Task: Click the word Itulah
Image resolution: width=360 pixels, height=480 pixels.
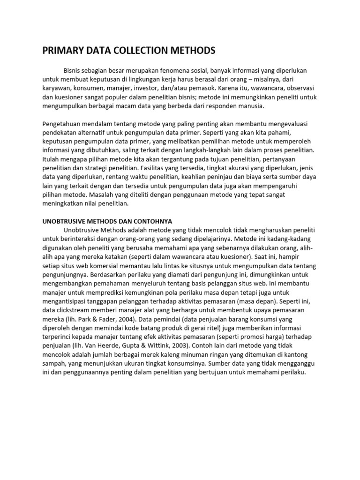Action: [52, 159]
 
